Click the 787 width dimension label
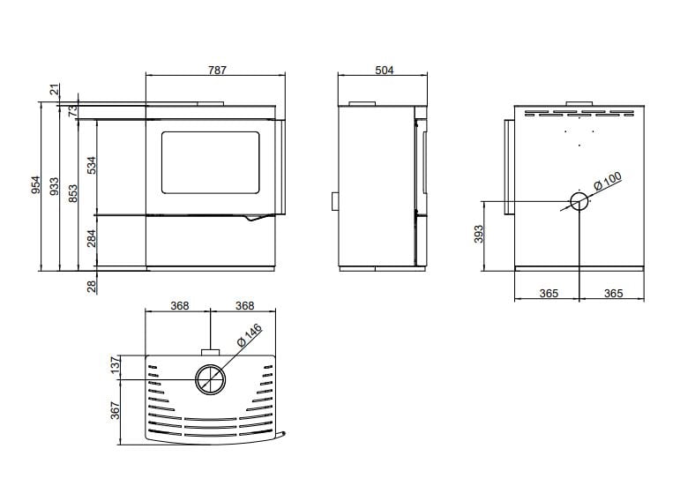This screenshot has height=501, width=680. click(x=217, y=70)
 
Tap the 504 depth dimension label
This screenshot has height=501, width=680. click(x=385, y=70)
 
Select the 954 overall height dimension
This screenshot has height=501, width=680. click(x=36, y=184)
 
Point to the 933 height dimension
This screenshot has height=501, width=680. click(x=54, y=185)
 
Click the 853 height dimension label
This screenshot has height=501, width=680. click(x=73, y=193)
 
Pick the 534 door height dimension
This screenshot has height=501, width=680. click(x=92, y=165)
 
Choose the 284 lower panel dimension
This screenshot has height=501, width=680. click(x=92, y=238)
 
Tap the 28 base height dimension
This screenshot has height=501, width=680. click(x=92, y=287)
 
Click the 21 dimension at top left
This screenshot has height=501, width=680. click(x=54, y=90)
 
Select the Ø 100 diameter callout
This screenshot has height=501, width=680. click(x=608, y=181)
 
